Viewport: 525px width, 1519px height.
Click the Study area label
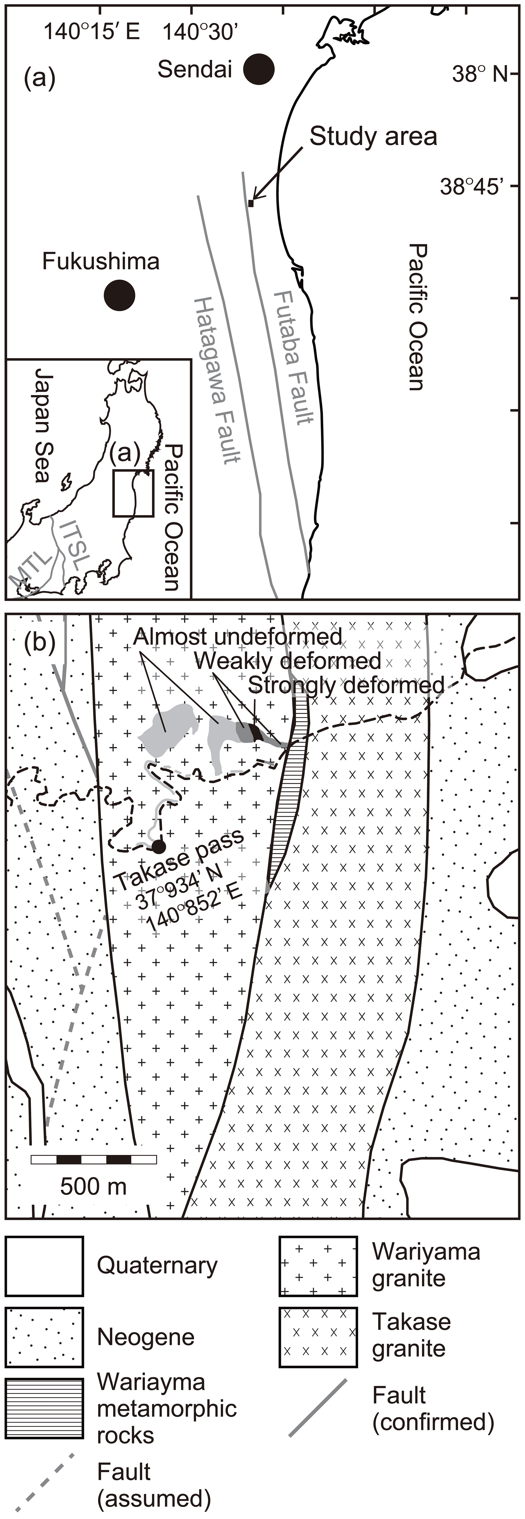click(x=373, y=136)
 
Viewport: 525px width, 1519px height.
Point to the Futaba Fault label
click(x=293, y=357)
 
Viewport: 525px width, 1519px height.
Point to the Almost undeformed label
click(x=237, y=637)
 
